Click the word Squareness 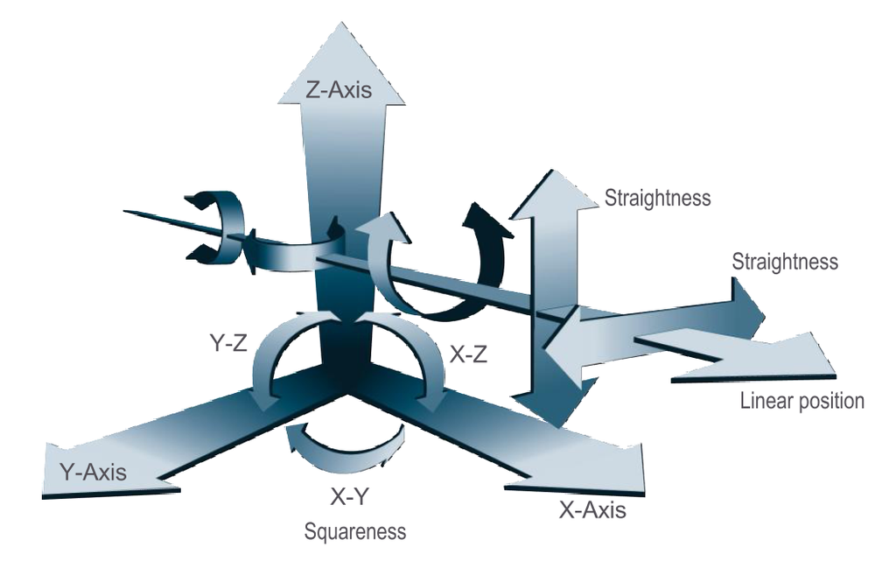pyautogui.click(x=355, y=530)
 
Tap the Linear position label pyautogui.click(x=801, y=402)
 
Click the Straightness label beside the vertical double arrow pyautogui.click(x=657, y=199)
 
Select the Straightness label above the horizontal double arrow pyautogui.click(x=784, y=262)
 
